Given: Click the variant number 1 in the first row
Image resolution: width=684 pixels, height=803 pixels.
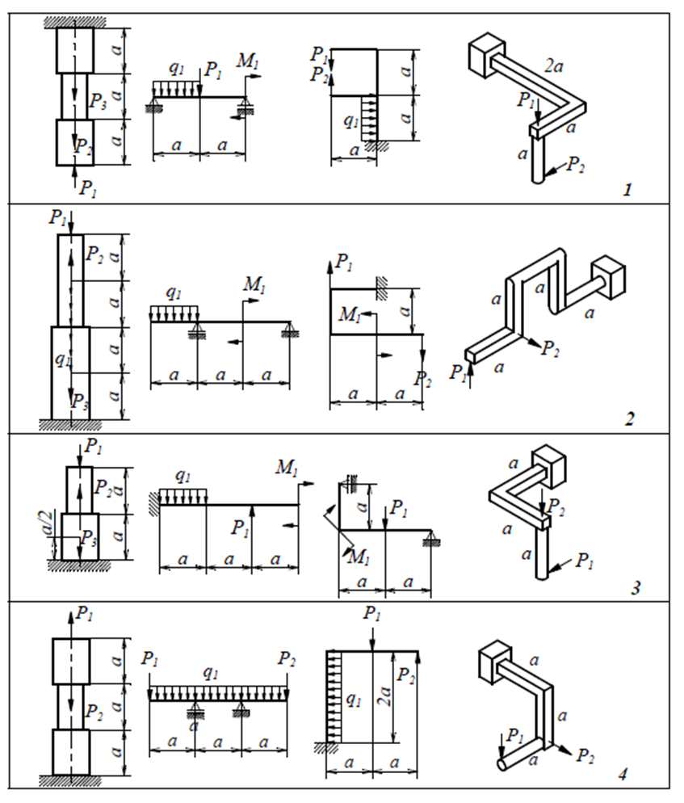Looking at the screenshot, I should [x=627, y=191].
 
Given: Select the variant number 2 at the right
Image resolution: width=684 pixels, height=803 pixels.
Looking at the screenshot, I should [x=630, y=419].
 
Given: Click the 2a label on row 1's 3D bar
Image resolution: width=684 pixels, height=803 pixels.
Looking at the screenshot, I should [x=553, y=69].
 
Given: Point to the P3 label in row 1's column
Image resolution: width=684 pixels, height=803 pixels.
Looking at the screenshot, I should [x=97, y=100].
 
